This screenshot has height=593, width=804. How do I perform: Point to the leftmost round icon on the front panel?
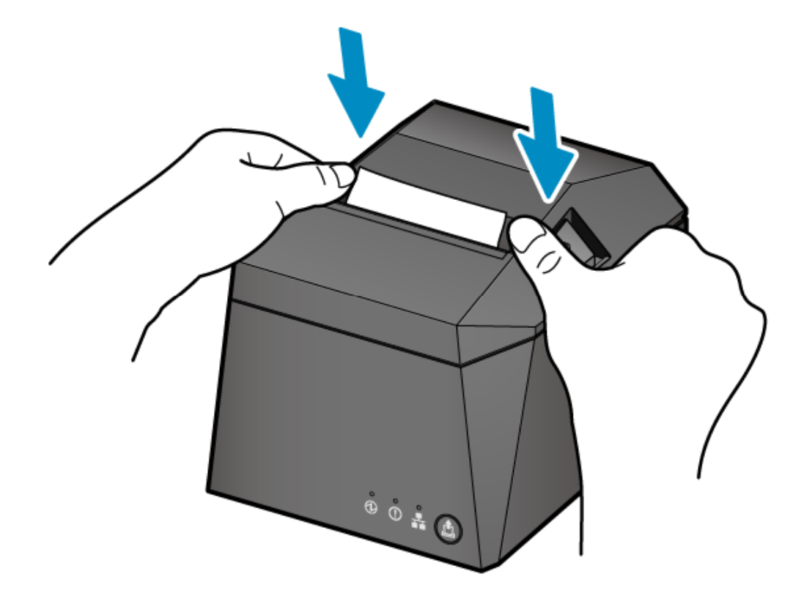pos(372,507)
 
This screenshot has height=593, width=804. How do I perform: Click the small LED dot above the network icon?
pos(418,507)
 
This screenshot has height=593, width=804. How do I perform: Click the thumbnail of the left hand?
pos(342,176)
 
